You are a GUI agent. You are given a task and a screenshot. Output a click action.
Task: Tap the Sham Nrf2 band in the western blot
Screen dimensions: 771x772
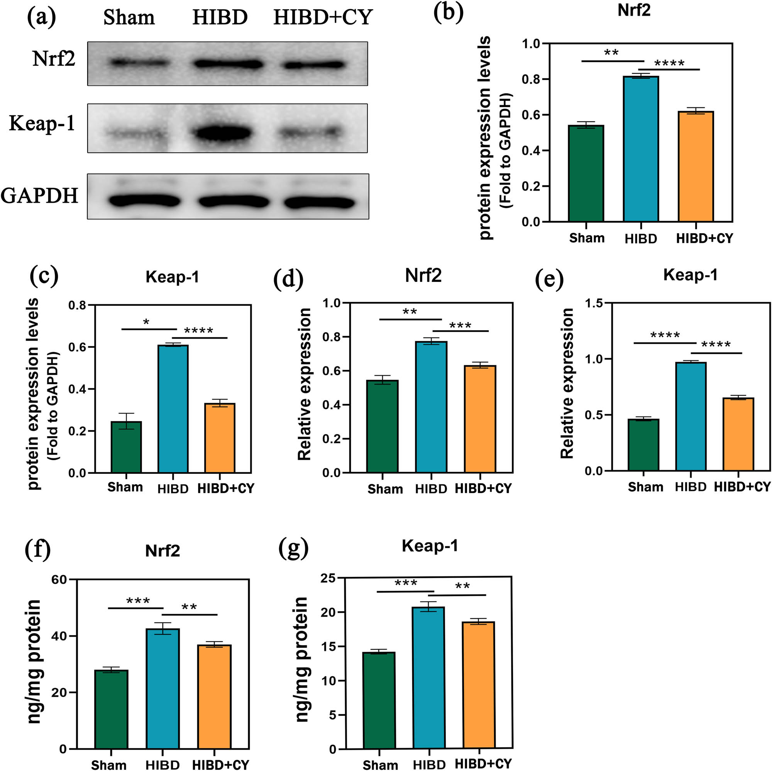click(138, 63)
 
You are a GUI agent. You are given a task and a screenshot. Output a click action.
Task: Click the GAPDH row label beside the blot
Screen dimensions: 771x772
click(39, 196)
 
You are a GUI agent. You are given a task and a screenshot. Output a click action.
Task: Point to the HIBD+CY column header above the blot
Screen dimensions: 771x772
click(323, 18)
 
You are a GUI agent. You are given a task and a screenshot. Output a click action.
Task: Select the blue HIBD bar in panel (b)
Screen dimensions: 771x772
click(640, 149)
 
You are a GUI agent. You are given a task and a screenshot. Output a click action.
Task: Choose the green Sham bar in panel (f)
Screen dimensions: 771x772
click(112, 709)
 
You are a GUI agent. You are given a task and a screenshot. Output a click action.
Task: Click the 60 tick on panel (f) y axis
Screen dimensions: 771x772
click(59, 579)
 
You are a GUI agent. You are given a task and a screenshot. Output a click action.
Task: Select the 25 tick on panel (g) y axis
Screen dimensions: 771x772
click(328, 578)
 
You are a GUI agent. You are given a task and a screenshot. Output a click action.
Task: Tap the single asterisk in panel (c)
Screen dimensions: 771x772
click(146, 322)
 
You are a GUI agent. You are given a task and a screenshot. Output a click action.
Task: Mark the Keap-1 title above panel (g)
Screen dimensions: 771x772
click(430, 546)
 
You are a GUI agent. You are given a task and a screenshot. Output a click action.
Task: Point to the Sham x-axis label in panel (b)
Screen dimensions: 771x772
click(587, 238)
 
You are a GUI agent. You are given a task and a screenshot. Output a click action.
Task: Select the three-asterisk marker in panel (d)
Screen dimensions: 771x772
click(460, 325)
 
